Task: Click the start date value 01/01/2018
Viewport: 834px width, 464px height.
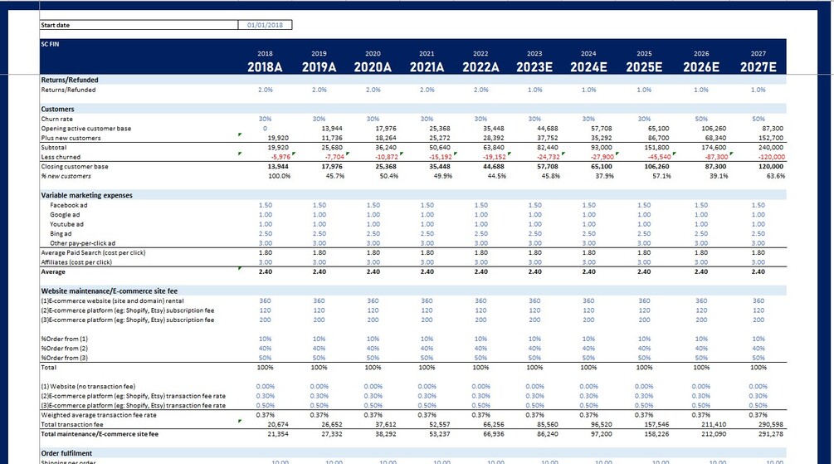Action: (265, 26)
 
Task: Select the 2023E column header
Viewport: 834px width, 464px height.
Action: (534, 67)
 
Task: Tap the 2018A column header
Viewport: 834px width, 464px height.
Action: (266, 67)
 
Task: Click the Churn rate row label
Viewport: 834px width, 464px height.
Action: (57, 119)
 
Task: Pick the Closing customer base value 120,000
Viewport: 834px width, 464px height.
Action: (757, 167)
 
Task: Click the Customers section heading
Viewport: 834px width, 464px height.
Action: (57, 109)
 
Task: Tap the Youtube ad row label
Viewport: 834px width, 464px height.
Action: (66, 224)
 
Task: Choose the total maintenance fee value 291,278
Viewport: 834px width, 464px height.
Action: (757, 433)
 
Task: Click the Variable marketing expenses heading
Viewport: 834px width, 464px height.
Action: (86, 195)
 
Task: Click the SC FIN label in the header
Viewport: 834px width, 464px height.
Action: (51, 42)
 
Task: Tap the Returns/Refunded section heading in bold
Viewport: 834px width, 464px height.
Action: (70, 80)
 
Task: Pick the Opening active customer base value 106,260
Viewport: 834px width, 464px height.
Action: (701, 129)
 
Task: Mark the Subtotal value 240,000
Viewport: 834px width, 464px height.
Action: (757, 147)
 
